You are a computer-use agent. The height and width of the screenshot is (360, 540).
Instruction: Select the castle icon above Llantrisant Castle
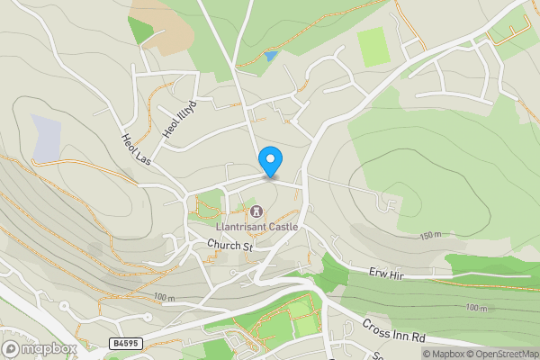pos(256,212)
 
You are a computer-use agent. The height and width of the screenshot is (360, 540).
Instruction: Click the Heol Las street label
pos(135,149)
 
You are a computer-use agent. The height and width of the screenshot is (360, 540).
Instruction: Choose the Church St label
pos(230,245)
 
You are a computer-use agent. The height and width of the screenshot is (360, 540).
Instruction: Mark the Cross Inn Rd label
pos(393,330)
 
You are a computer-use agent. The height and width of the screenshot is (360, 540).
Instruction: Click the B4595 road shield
pos(127,343)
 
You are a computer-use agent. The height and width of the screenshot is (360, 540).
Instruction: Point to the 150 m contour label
pos(431,236)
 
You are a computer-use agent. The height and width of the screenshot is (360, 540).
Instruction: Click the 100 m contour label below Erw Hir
pos(477,308)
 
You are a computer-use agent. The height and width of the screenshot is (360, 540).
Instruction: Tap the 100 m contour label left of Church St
pos(163,298)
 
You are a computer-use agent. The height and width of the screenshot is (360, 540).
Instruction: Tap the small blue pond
pos(271,57)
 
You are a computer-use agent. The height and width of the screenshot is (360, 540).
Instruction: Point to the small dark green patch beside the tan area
pos(140,31)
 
